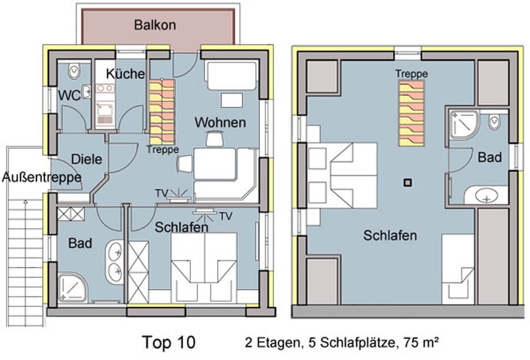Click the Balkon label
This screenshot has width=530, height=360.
coord(155,25)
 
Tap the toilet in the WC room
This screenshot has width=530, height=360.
coord(74,71)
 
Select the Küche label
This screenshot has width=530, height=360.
coord(125,74)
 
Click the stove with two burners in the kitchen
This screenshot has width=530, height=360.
coord(105,88)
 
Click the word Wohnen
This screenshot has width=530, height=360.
coord(220,123)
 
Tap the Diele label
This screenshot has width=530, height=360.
coord(87,159)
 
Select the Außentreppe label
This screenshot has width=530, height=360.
coord(42,177)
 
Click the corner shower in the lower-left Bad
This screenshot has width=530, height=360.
coord(72,287)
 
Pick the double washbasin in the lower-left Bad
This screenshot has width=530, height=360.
coord(114,262)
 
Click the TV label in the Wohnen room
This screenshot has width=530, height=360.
coord(161,193)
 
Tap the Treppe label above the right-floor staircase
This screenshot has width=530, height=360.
coord(412,74)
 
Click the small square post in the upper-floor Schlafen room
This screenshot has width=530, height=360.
coord(408,183)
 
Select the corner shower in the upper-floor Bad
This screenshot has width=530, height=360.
coord(464,124)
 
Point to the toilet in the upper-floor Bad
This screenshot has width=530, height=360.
coord(495,122)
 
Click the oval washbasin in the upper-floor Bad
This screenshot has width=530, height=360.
coord(486,196)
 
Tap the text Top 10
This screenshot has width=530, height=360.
coord(168,342)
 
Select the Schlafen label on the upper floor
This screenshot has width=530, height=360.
coord(390,236)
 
